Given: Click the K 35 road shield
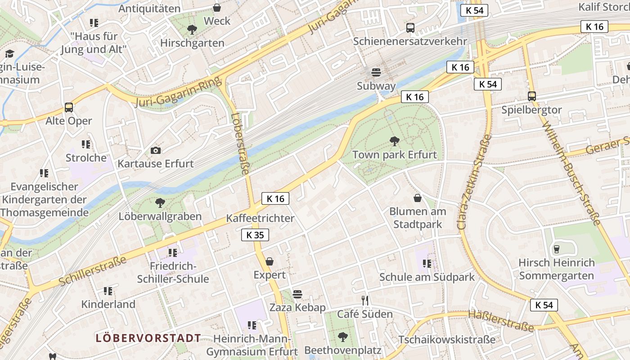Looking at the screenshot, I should [255, 235].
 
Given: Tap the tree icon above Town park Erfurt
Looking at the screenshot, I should [395, 141].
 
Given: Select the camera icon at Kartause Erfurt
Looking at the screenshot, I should [156, 150].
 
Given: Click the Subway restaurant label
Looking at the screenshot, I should [376, 86].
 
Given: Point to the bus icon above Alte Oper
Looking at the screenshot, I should [69, 108].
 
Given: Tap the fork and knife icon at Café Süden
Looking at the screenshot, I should [365, 300].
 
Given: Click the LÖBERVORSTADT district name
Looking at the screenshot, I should [148, 338].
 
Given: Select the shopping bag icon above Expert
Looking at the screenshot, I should [270, 261].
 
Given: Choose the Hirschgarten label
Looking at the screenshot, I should [192, 43].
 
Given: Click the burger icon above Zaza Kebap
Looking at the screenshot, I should [297, 294].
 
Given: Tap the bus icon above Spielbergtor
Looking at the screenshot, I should [532, 96].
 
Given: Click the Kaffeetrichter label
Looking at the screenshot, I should [260, 218].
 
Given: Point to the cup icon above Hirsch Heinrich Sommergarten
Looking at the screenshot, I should [557, 249].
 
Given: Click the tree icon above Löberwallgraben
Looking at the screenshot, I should [160, 203].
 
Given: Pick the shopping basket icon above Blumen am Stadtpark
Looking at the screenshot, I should [418, 198].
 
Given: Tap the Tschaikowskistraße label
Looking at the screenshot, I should [447, 340].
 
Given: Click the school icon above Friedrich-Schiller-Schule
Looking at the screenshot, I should [173, 253].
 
